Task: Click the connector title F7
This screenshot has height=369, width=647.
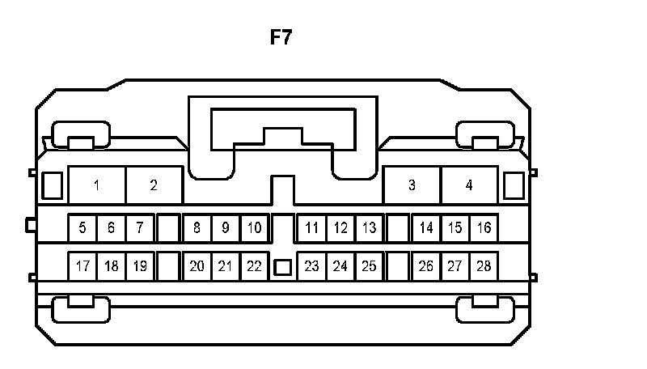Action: click(281, 38)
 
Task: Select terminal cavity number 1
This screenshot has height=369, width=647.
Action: click(97, 185)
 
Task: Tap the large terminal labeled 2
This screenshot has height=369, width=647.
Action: click(154, 185)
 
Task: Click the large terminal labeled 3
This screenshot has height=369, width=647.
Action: click(412, 185)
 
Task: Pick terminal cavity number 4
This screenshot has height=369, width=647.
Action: click(469, 185)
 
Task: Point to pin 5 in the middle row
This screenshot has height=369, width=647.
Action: click(82, 228)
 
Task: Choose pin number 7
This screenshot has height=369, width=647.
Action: click(139, 228)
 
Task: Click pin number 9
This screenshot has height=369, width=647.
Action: click(226, 228)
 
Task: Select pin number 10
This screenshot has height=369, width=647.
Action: click(254, 228)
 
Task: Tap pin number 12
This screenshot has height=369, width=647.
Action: click(340, 228)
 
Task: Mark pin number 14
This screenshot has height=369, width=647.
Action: click(426, 228)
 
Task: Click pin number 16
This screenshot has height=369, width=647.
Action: click(484, 228)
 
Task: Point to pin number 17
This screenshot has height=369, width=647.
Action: click(82, 265)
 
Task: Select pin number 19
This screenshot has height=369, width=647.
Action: click(139, 265)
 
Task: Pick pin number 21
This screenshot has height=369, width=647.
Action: click(226, 265)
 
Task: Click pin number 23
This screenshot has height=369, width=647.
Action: click(311, 265)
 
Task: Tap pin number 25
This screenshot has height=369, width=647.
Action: click(369, 265)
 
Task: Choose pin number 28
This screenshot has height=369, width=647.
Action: click(484, 265)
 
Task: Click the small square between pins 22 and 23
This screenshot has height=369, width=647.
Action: click(282, 266)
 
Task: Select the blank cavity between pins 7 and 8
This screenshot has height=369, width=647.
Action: click(167, 228)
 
